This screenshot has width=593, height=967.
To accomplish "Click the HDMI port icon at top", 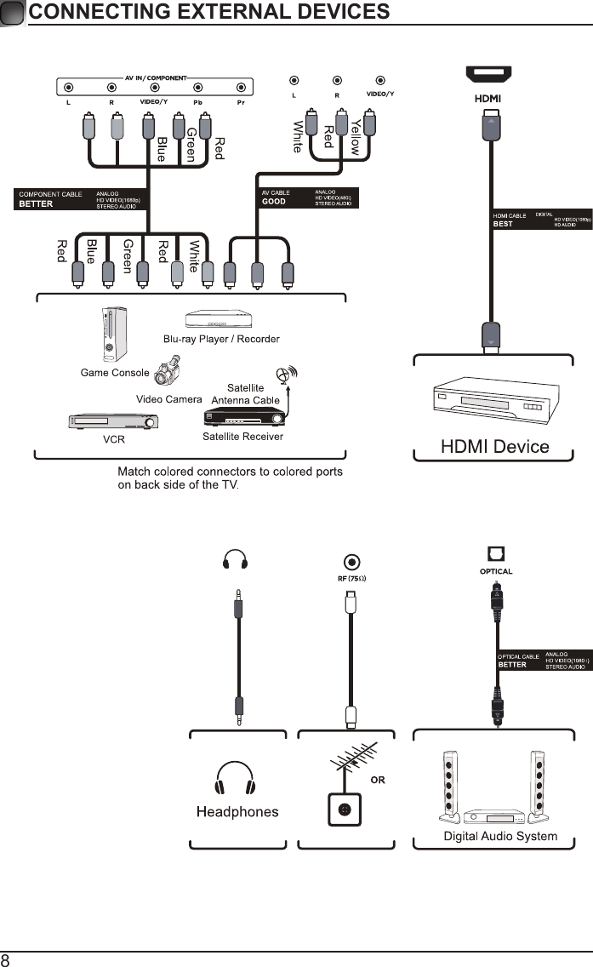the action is coord(488,75).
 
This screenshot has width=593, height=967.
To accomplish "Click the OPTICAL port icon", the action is coord(495,554).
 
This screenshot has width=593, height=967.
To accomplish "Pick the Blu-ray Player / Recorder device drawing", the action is coord(219,319).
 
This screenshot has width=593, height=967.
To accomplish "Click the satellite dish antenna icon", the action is coord(285,375).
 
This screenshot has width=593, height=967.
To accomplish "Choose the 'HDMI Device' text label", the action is coord(494,446).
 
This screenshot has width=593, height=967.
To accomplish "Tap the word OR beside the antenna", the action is coord(378,779).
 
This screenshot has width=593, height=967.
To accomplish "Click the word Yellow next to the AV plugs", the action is coord(356,136).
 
